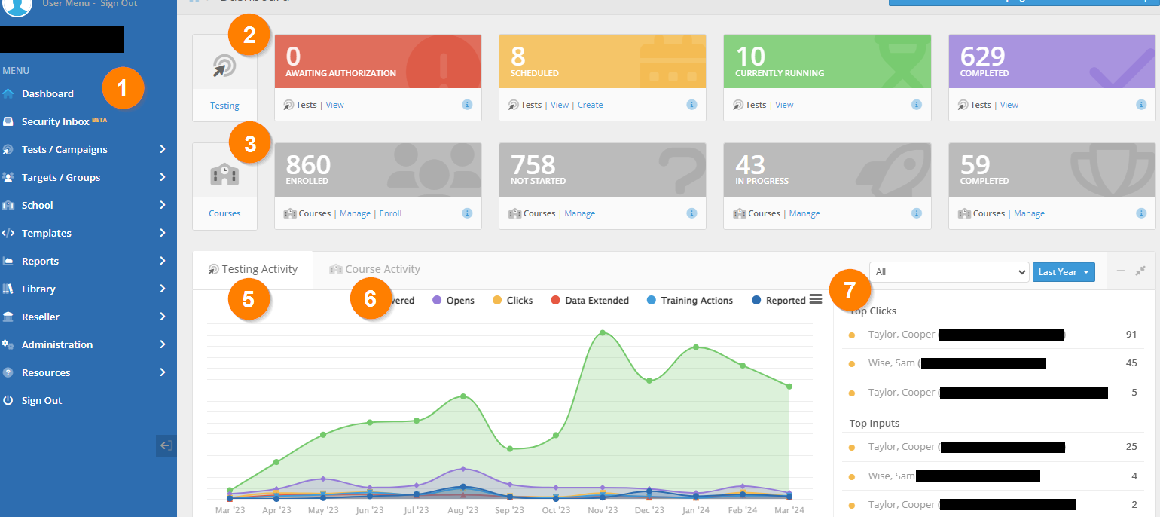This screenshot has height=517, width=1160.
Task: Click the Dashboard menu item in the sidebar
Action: tap(47, 94)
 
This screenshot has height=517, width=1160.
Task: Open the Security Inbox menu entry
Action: tap(56, 121)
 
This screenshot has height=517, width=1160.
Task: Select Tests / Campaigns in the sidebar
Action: tap(65, 149)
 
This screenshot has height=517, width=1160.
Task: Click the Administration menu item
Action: tap(57, 344)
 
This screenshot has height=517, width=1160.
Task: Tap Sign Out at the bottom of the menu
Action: tap(41, 400)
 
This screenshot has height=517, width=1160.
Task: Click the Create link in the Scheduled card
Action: tap(590, 105)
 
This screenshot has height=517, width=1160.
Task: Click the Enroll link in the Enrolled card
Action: tap(390, 213)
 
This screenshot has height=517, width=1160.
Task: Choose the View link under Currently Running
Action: tap(784, 105)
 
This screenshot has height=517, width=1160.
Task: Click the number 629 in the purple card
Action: tap(983, 57)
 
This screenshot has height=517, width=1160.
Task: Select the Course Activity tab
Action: tap(383, 269)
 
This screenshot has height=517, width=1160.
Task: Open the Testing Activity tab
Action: tap(260, 269)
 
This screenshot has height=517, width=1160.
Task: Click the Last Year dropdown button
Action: tap(1063, 272)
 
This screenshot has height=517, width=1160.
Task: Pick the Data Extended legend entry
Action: tap(597, 301)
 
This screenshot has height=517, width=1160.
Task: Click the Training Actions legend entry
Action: tap(697, 301)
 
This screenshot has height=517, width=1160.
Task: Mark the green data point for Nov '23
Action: tap(603, 332)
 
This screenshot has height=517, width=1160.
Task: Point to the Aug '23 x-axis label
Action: tap(462, 510)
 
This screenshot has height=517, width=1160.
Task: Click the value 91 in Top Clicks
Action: tap(1131, 335)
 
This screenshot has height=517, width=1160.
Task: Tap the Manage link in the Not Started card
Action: tap(579, 213)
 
